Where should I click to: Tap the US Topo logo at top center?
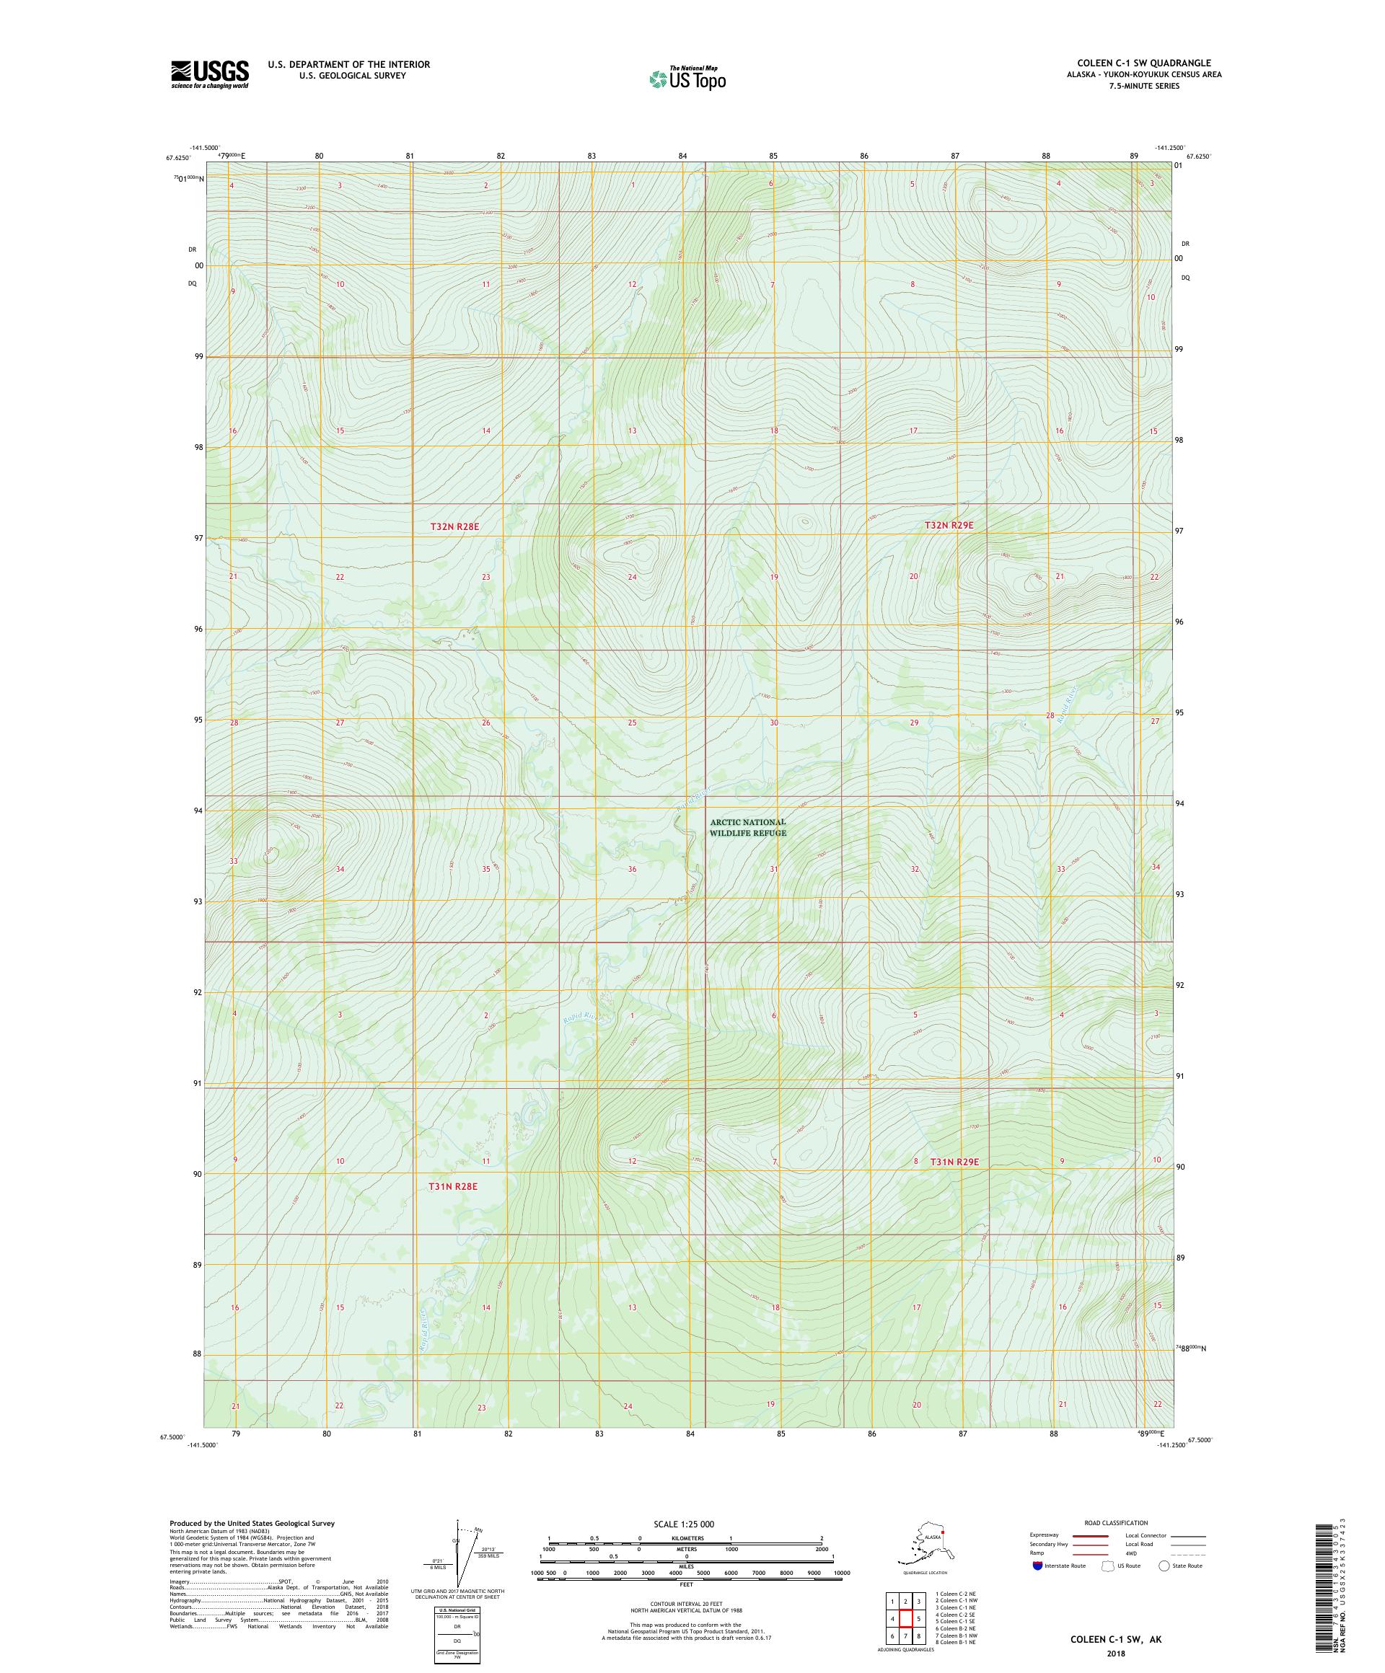pyautogui.click(x=687, y=78)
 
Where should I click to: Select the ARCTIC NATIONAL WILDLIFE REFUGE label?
pyautogui.click(x=747, y=827)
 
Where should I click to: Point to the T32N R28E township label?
pyautogui.click(x=454, y=526)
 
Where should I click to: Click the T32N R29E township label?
pyautogui.click(x=949, y=525)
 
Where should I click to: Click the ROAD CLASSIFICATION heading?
pyautogui.click(x=1116, y=1522)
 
